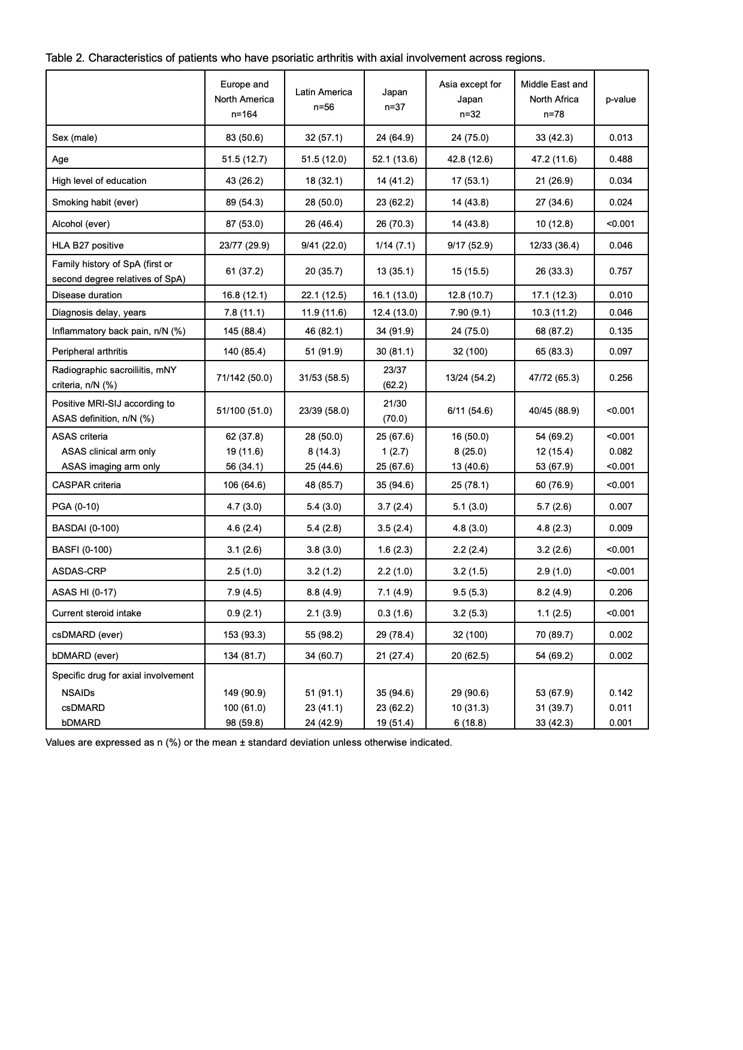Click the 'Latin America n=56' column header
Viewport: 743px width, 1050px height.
324,99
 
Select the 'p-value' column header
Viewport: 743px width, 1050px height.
621,99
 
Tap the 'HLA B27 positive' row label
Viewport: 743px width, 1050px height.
88,245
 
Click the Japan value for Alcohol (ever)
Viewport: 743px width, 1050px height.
395,223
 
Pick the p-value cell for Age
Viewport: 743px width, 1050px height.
621,159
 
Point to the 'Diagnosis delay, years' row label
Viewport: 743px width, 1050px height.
99,312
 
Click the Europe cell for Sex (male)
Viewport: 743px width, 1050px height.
244,137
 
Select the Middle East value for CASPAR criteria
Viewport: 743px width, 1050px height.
554,485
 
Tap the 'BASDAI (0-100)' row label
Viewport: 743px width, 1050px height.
86,528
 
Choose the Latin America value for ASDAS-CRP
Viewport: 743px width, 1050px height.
324,571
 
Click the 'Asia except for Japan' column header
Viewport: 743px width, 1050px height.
470,99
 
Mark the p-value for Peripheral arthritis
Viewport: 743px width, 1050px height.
621,351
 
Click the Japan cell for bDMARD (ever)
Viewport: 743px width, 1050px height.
395,655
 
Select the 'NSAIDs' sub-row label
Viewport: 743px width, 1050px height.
78,692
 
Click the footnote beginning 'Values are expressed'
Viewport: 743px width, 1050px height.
249,742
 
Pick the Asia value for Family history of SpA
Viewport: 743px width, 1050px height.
470,271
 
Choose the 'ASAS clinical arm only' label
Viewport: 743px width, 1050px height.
108,451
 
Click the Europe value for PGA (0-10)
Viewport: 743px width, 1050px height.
244,506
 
